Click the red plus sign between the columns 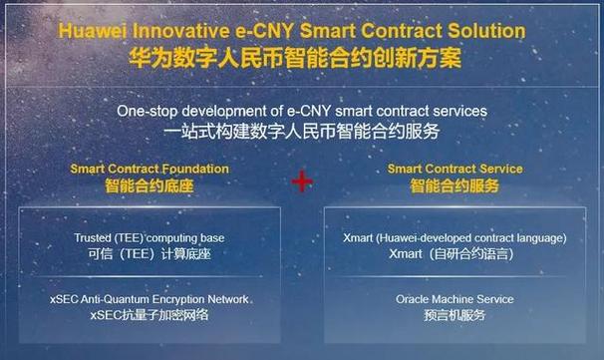point(301,180)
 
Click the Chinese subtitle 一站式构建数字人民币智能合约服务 point(302,131)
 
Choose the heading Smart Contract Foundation point(150,169)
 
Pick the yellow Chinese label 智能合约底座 point(149,185)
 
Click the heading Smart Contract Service point(454,169)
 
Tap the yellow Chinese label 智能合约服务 point(453,185)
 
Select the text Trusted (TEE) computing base point(150,238)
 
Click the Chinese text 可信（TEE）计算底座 point(150,254)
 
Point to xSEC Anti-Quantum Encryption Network point(150,299)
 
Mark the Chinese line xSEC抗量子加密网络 point(150,315)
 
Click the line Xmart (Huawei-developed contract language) point(453,238)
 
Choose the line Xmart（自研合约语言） point(453,254)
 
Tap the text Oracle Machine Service point(454,299)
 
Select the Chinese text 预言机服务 point(453,315)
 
